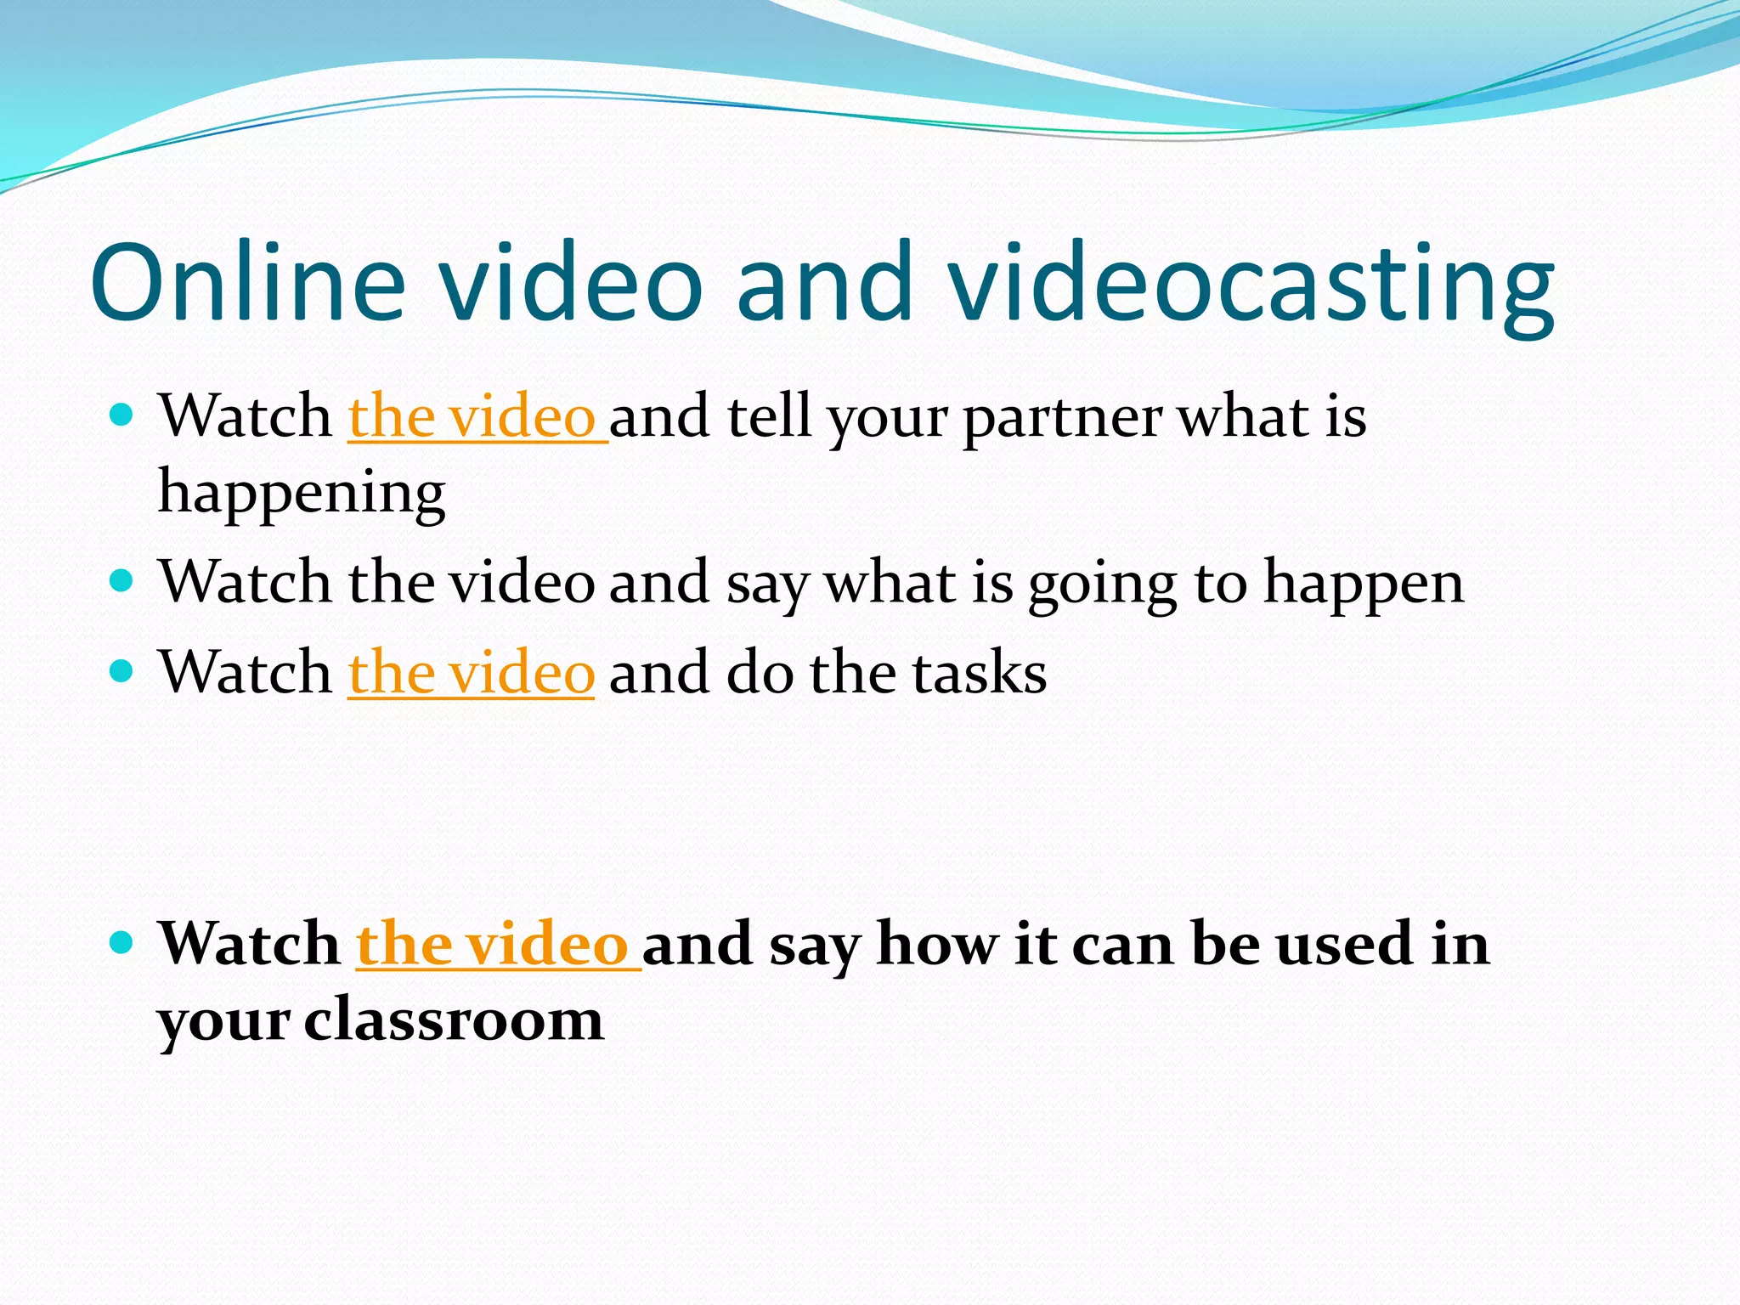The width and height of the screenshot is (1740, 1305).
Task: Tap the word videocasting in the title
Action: click(x=1251, y=285)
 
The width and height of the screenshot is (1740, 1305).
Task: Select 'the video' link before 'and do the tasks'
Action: click(x=471, y=672)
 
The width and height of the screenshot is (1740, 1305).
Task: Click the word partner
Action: click(x=1062, y=418)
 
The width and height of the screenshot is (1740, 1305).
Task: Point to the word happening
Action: click(x=302, y=493)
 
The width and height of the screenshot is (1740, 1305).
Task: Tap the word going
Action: click(x=1103, y=585)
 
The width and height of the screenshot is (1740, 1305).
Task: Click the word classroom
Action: click(x=454, y=1019)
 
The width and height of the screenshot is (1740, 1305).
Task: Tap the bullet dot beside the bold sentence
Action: click(x=122, y=942)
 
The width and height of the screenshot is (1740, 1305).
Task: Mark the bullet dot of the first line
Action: click(x=122, y=415)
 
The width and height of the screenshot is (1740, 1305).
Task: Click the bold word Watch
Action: click(x=250, y=944)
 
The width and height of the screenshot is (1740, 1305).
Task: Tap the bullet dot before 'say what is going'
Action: click(x=122, y=581)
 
